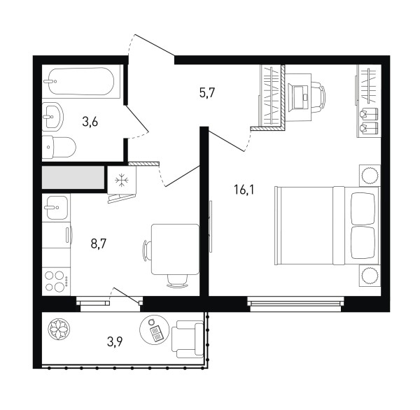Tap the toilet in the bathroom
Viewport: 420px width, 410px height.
(59, 147)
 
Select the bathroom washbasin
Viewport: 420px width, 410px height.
(52, 117)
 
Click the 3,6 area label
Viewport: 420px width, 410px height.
(90, 122)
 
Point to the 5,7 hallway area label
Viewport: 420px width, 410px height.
(207, 93)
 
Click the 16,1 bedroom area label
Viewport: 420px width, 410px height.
(244, 190)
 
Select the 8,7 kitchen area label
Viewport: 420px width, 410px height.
(99, 243)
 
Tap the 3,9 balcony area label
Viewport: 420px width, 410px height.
(115, 341)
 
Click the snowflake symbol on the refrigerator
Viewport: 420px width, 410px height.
(122, 180)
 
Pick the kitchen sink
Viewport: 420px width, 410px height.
(57, 208)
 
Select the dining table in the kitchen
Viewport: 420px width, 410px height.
(175, 249)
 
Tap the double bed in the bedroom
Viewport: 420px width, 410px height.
(328, 225)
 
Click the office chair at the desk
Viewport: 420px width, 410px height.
(318, 97)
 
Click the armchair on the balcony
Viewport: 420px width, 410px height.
(188, 339)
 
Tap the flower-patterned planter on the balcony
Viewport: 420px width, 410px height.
(59, 329)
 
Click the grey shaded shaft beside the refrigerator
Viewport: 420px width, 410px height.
(73, 177)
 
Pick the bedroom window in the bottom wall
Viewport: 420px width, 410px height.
(295, 304)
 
